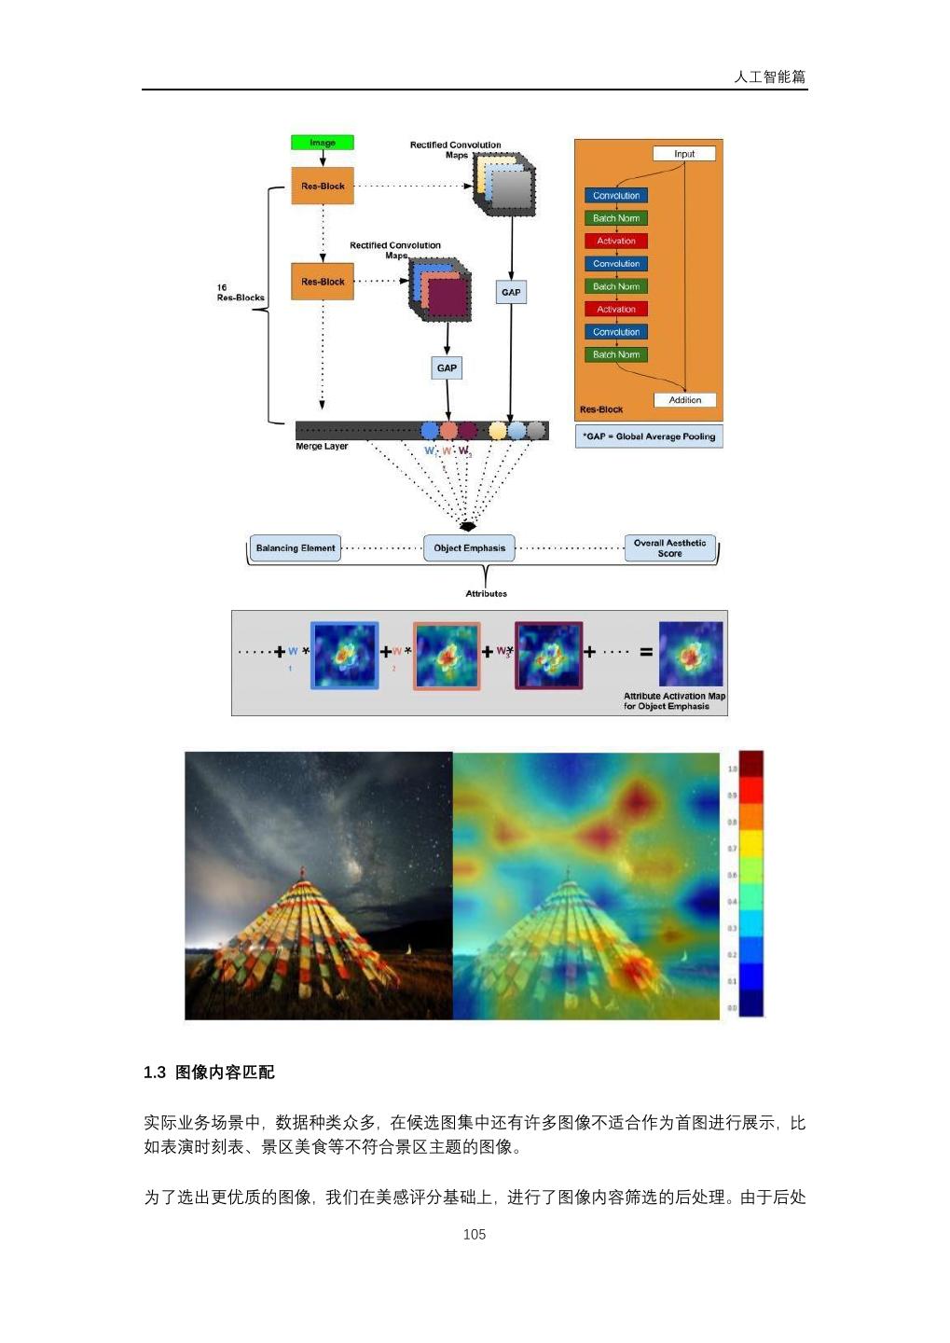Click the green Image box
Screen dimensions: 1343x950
coord(323,143)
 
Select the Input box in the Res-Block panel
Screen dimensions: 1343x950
coord(684,154)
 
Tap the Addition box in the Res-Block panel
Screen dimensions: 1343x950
coord(684,400)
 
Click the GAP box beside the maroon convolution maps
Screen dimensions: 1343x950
coord(447,368)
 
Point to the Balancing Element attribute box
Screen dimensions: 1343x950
coord(295,548)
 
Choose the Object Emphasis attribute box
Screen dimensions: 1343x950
coord(469,548)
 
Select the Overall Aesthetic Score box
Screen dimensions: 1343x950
coord(669,548)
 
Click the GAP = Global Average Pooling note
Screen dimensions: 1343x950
coord(649,436)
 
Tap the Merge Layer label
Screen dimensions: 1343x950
coord(322,447)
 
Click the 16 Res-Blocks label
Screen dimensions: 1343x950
coord(241,293)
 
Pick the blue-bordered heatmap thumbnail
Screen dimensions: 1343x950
coord(344,655)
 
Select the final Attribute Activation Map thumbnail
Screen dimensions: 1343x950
coord(691,655)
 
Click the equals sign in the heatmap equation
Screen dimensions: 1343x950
coord(645,652)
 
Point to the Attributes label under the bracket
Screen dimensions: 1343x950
coord(486,593)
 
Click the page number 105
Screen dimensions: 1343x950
coord(475,1235)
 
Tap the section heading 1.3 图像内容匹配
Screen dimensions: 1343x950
coord(209,1073)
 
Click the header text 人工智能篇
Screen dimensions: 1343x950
coord(769,76)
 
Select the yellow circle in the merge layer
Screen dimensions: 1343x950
coord(498,430)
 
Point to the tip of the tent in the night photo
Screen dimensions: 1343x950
coord(301,870)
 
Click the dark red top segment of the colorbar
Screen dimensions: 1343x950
coord(750,764)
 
